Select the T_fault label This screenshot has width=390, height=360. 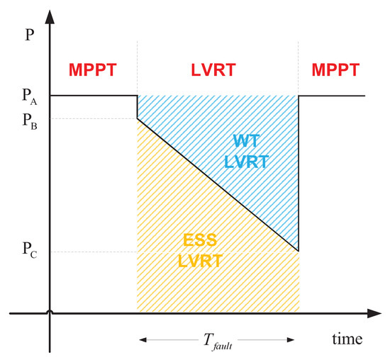point(218,341)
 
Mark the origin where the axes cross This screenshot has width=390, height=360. point(50,312)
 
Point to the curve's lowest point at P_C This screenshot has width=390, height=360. point(298,251)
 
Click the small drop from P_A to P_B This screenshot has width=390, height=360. point(137,108)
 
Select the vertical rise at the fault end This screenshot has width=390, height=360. point(299,174)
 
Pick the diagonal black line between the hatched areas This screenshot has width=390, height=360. point(217,185)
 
